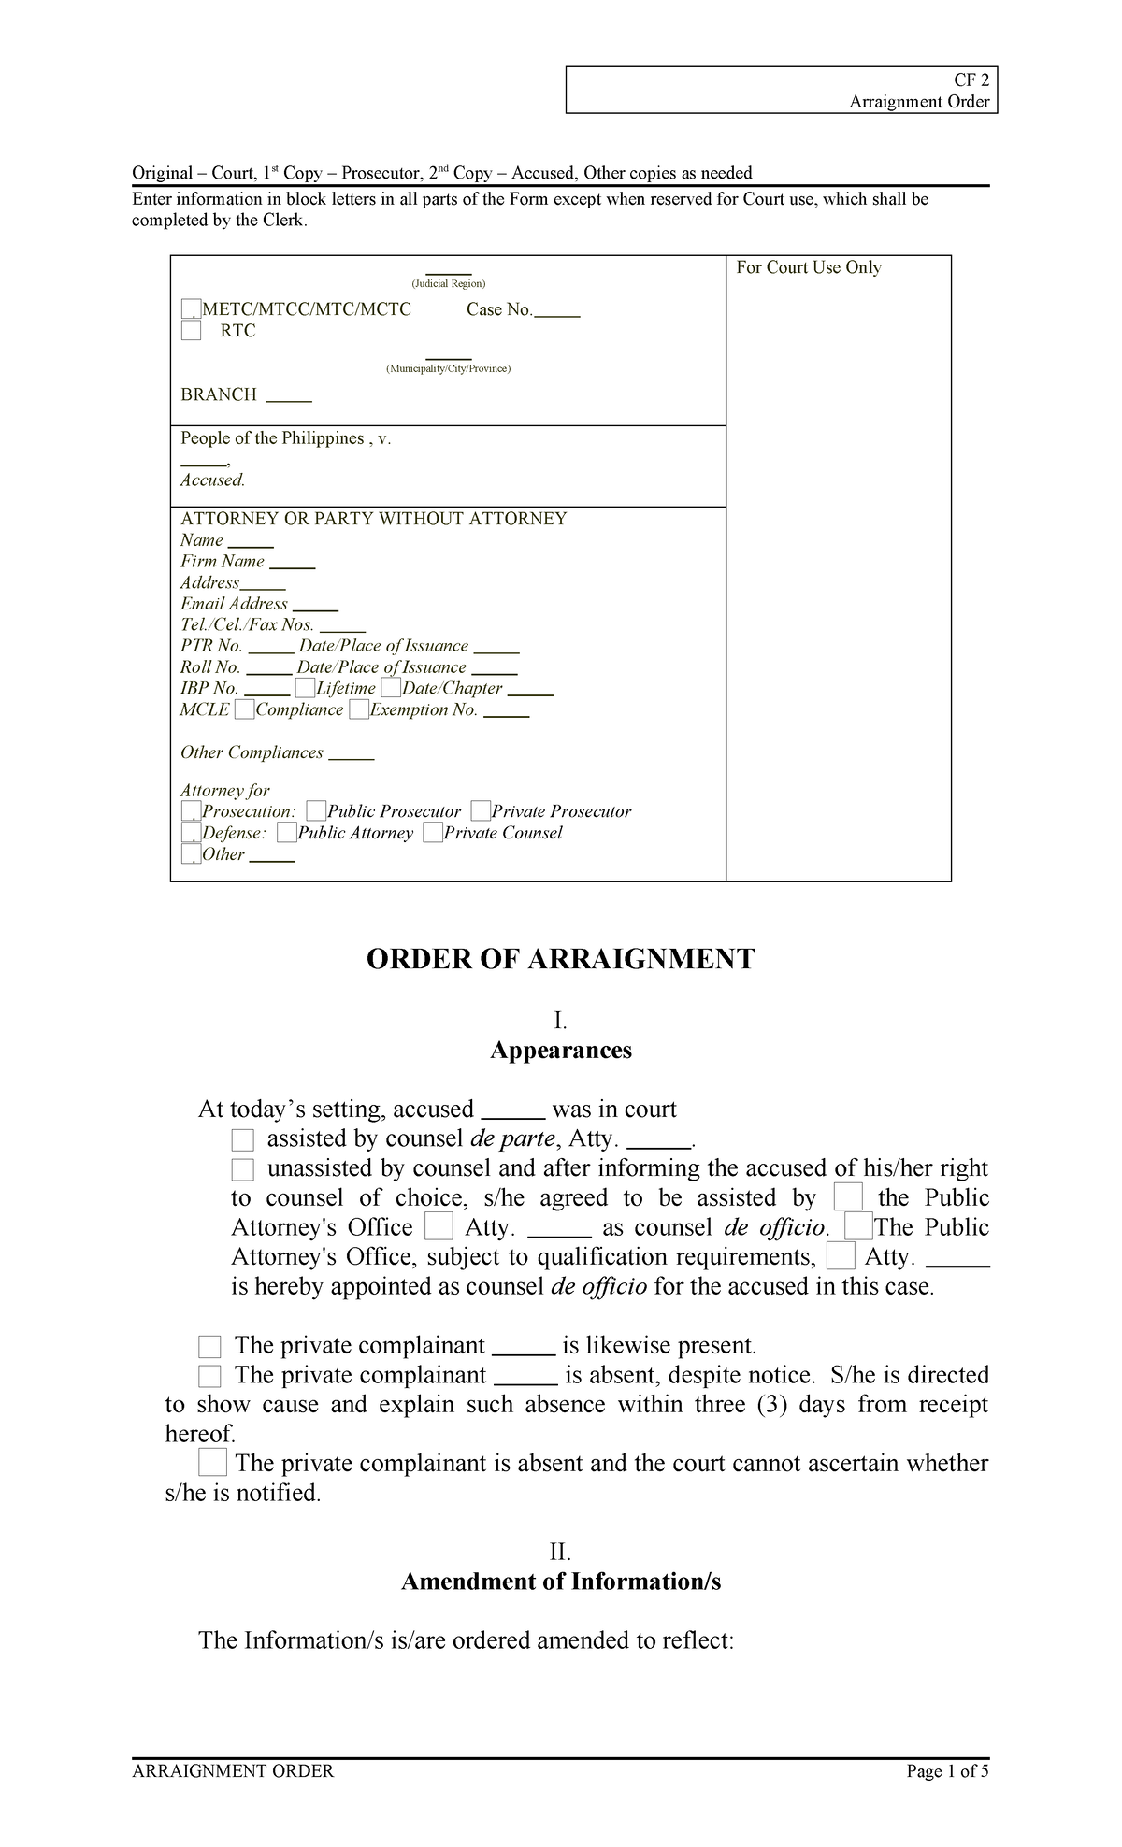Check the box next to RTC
(x=191, y=331)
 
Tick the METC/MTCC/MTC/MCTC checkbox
(x=191, y=309)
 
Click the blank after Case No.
(x=557, y=312)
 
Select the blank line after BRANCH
(x=289, y=397)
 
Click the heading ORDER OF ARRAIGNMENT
(x=560, y=959)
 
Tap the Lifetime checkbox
(x=305, y=689)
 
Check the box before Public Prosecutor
(x=316, y=811)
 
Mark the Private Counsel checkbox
(x=432, y=833)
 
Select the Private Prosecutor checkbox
(x=481, y=811)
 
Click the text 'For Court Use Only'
(x=808, y=268)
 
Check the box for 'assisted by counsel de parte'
(x=243, y=1139)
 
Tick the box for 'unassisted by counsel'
(x=243, y=1169)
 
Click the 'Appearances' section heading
(x=561, y=1051)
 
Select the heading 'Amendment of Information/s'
(x=561, y=1582)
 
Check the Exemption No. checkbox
(x=359, y=710)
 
